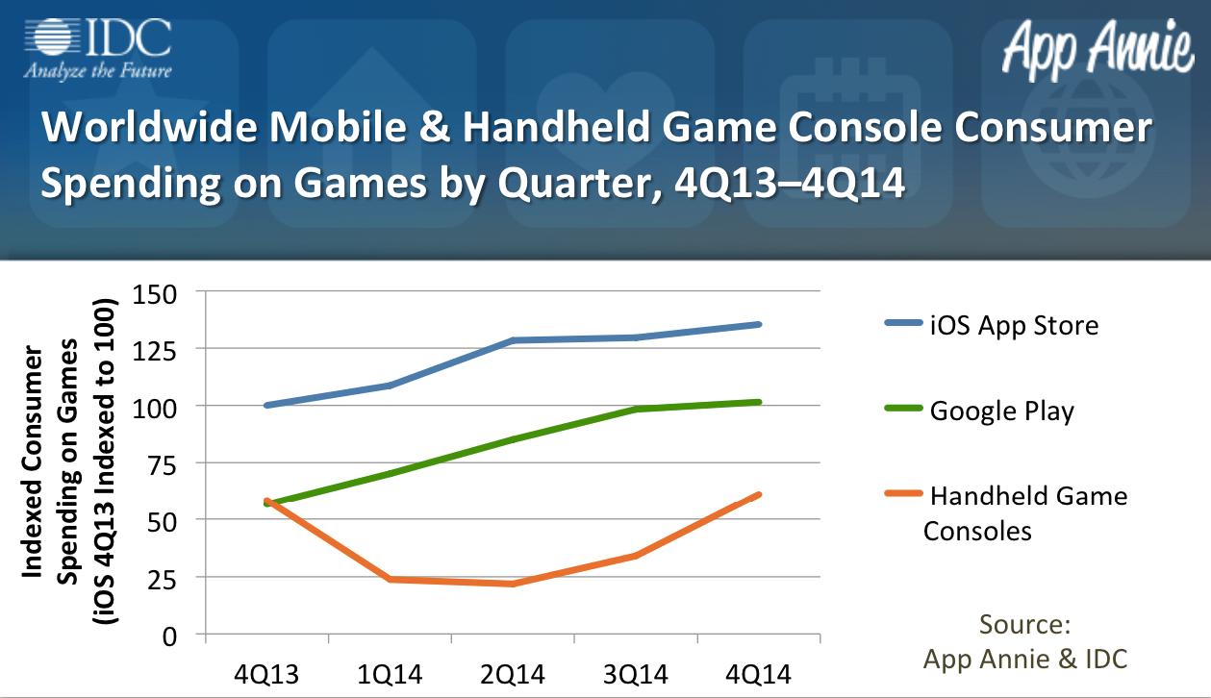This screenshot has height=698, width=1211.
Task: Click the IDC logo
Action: (x=98, y=49)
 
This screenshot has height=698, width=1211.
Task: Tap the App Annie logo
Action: (x=1097, y=50)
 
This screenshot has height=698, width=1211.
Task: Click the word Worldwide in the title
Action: (x=150, y=127)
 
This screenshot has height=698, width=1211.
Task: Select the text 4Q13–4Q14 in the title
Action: (x=790, y=183)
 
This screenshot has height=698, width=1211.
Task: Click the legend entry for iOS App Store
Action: (x=992, y=325)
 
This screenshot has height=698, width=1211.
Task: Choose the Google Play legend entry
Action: (x=979, y=411)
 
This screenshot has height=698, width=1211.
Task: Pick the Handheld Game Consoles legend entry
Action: (x=1006, y=512)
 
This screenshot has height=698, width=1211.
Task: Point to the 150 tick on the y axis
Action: (x=155, y=295)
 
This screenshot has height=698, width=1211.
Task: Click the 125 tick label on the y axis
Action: (x=155, y=352)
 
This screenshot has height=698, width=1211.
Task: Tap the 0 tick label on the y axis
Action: (x=169, y=637)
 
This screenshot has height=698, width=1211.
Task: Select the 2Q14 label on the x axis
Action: (x=513, y=675)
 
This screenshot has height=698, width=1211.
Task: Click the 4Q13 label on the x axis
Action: (x=266, y=675)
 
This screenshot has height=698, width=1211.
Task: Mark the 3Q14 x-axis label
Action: (x=636, y=675)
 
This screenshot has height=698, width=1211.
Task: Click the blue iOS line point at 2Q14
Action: (x=513, y=340)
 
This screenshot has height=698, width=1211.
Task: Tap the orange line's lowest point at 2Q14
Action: (x=513, y=584)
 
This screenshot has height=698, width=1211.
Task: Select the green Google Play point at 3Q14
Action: (x=636, y=409)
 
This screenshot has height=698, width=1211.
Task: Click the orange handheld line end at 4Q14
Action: (x=759, y=495)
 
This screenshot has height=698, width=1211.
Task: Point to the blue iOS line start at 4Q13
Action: (x=267, y=405)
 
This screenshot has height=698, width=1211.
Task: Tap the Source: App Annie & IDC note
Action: (x=1025, y=642)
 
